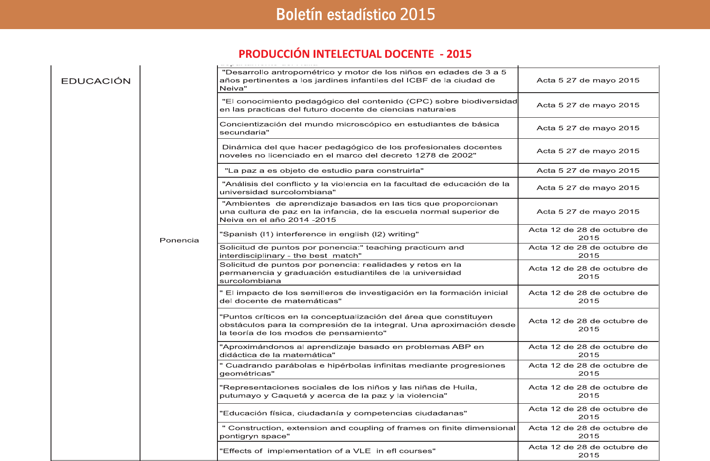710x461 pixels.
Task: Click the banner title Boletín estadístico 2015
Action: [355, 15]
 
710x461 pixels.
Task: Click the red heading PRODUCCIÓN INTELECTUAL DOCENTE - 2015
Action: [355, 54]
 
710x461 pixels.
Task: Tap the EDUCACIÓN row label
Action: [96, 81]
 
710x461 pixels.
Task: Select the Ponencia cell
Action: [179, 240]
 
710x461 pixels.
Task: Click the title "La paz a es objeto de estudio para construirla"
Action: [324, 171]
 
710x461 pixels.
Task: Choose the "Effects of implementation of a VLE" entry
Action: [327, 451]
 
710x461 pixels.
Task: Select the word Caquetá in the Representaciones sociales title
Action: [290, 396]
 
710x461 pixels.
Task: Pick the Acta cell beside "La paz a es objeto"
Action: [588, 171]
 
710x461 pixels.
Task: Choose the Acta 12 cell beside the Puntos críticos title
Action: [588, 325]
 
